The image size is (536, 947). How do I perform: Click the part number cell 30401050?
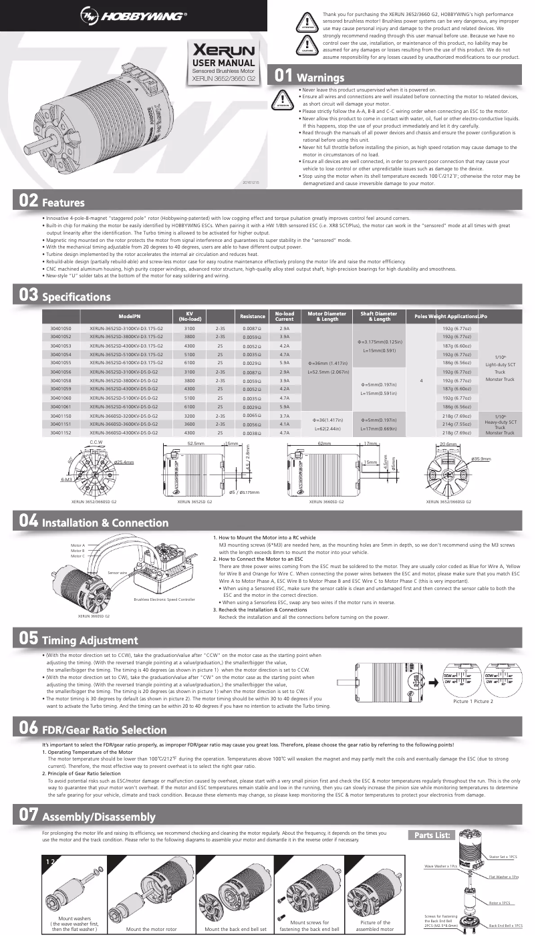click(x=61, y=329)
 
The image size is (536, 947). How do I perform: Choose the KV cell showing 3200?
click(x=189, y=416)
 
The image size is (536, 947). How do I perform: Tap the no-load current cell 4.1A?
click(x=284, y=424)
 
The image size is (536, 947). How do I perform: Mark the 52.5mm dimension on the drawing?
click(x=195, y=444)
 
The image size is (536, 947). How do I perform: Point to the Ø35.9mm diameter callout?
click(x=481, y=459)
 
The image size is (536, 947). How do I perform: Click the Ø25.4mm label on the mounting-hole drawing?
click(x=124, y=462)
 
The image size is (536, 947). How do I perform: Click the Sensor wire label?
click(x=119, y=573)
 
